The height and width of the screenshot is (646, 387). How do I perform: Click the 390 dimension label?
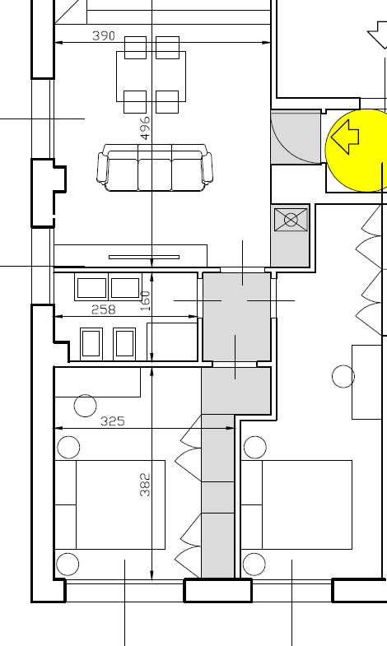point(104,36)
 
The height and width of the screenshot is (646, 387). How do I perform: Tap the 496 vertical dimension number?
point(145,128)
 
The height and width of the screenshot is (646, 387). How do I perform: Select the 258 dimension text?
point(103,309)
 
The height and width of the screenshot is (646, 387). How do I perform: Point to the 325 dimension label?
point(113,421)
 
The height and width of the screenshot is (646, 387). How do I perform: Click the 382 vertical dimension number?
point(145,485)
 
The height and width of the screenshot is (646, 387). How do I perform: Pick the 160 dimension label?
point(145,300)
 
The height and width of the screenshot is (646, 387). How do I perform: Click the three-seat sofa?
point(155,167)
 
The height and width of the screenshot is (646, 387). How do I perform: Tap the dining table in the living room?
point(152,77)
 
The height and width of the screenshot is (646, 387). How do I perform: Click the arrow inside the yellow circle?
point(345,137)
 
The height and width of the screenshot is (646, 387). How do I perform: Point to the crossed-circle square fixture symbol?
point(291,220)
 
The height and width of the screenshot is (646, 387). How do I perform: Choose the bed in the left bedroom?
point(110,504)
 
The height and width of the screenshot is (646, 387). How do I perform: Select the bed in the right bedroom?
point(296,504)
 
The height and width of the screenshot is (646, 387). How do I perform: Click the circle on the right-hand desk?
point(343,376)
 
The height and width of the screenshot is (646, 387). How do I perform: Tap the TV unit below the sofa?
point(131,256)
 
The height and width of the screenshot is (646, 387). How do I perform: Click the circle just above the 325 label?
point(86,406)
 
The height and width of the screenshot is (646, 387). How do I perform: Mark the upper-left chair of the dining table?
point(135,48)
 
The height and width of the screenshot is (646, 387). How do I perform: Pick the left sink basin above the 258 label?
point(91,287)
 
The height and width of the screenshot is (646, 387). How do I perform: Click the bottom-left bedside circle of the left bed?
point(68,564)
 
